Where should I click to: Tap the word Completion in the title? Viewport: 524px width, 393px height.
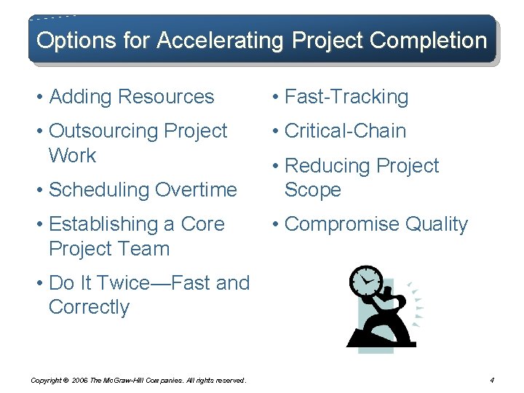pyautogui.click(x=428, y=40)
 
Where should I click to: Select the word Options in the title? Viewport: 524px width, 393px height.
pyautogui.click(x=65, y=40)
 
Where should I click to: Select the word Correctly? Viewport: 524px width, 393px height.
pyautogui.click(x=89, y=307)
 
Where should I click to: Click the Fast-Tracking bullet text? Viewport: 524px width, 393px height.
pyautogui.click(x=346, y=97)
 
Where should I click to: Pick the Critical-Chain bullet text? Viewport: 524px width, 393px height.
pyautogui.click(x=345, y=131)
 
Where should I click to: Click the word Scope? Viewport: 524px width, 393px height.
pyautogui.click(x=313, y=190)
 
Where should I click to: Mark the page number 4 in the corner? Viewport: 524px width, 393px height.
pyautogui.click(x=493, y=380)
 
